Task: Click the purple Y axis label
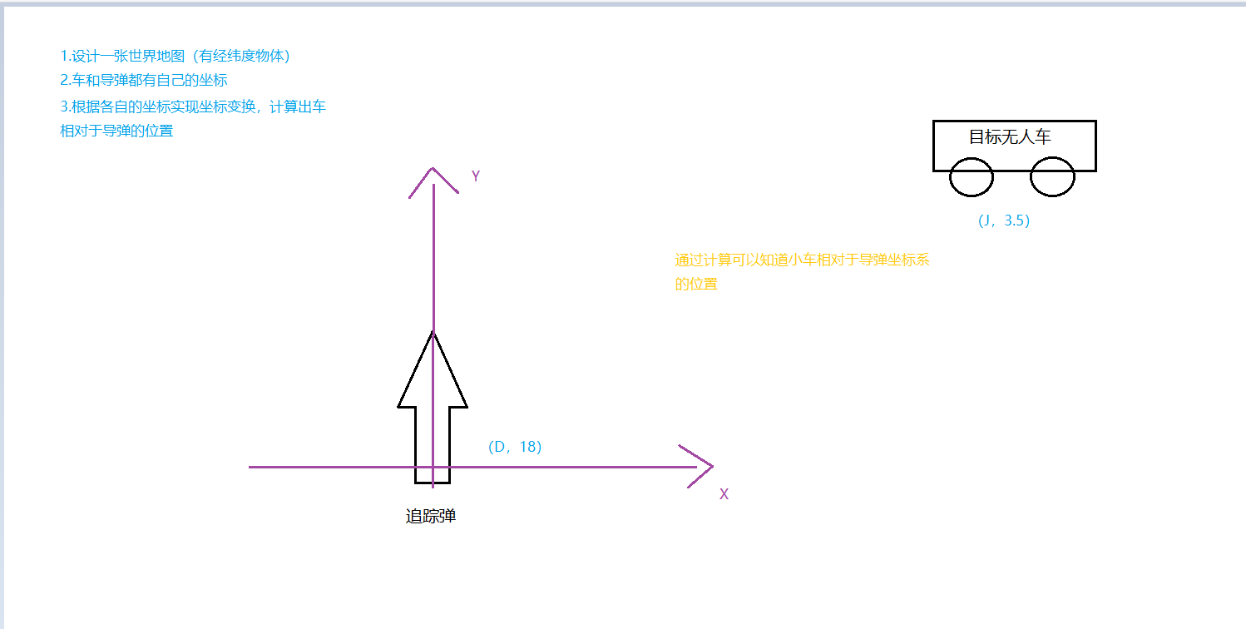tap(476, 176)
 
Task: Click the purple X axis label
tap(724, 494)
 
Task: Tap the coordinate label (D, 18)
tap(515, 447)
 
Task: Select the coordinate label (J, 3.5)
tap(1004, 221)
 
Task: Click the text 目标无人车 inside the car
tap(1010, 137)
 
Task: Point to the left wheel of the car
tap(972, 177)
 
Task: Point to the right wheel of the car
tap(1052, 177)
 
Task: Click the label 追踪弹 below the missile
tap(431, 517)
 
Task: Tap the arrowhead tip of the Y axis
tap(433, 170)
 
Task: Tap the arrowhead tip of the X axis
tap(711, 467)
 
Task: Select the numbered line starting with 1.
tap(175, 57)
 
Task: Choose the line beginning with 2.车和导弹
tap(144, 81)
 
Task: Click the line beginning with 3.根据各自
tap(193, 106)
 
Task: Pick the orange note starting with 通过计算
tap(802, 260)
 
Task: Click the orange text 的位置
tap(695, 284)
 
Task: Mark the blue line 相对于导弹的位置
tap(116, 131)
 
